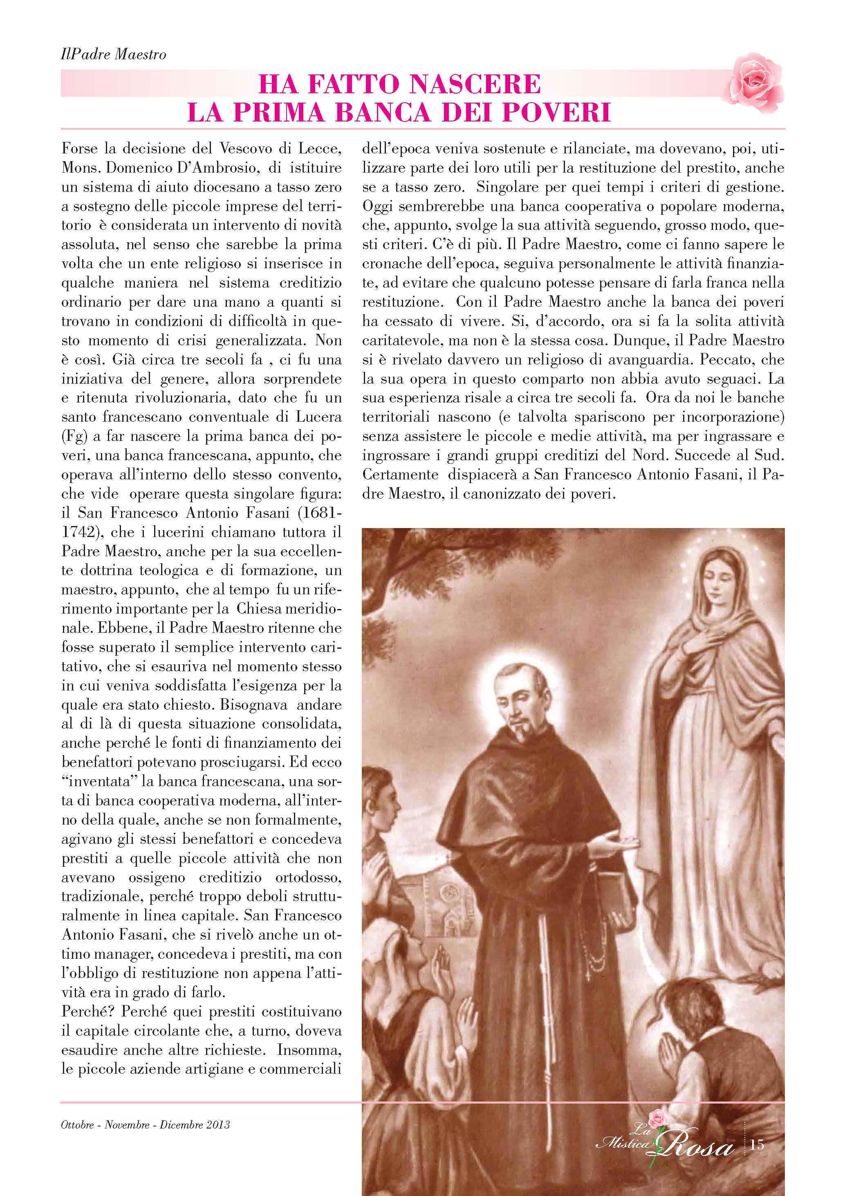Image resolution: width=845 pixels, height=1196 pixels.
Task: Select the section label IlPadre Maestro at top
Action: (114, 54)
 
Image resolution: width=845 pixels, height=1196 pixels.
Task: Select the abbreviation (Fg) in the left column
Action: (72, 436)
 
